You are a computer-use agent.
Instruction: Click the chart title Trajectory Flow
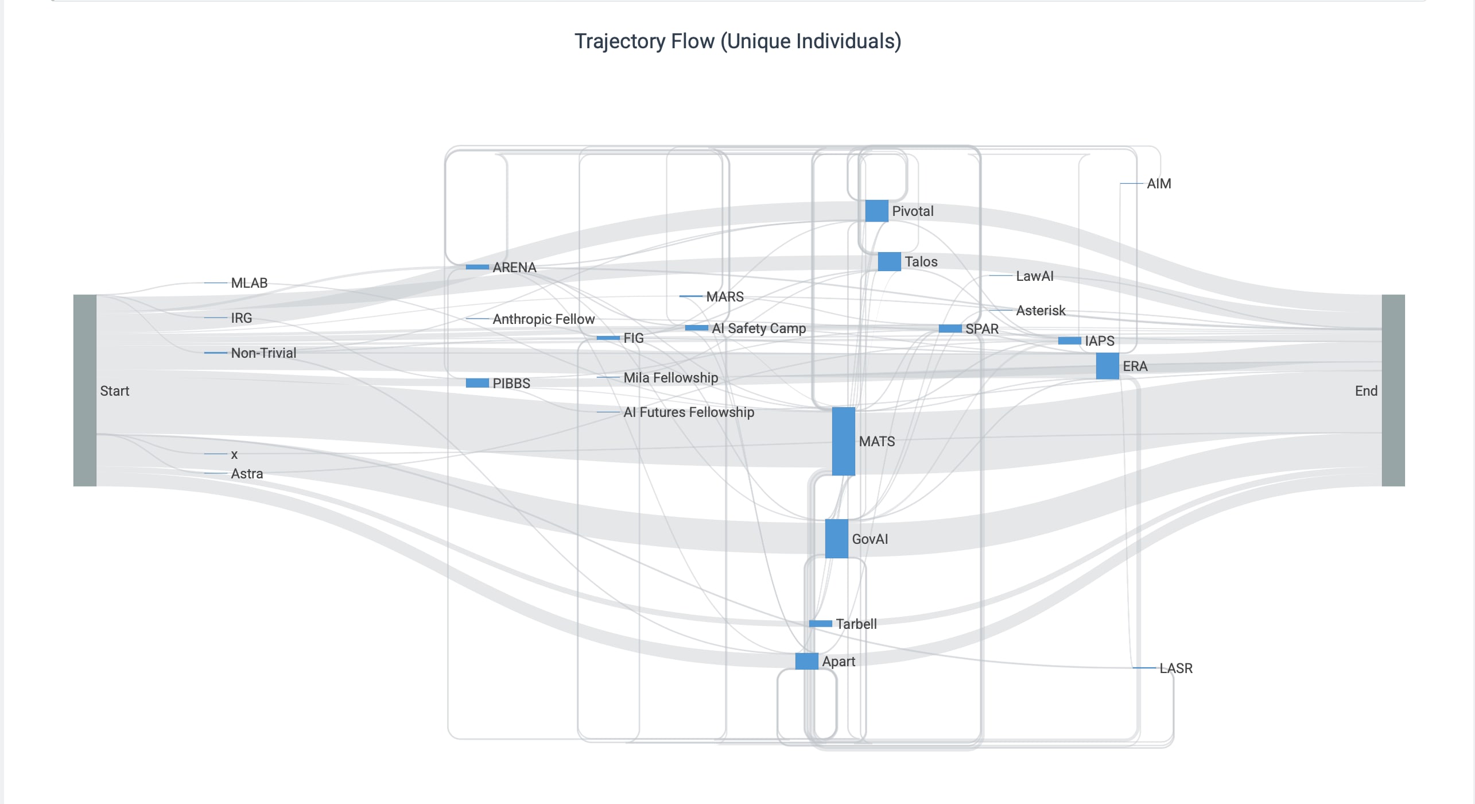[x=737, y=41]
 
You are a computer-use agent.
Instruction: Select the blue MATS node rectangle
[x=843, y=441]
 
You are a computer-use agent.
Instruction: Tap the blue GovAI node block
[x=836, y=539]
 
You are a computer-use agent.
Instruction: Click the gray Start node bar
[x=85, y=391]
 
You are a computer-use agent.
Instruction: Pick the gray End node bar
[x=1393, y=391]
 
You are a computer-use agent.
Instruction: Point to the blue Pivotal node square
[x=876, y=211]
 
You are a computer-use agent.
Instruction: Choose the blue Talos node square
[x=889, y=261]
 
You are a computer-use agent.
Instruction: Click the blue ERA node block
[x=1107, y=366]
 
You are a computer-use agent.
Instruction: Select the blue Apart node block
[x=806, y=661]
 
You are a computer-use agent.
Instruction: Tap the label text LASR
[x=1176, y=668]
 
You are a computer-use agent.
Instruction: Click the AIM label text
[x=1159, y=184]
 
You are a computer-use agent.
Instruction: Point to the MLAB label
[x=249, y=283]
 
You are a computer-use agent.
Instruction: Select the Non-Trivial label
[x=263, y=353]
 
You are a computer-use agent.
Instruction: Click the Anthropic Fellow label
[x=544, y=319]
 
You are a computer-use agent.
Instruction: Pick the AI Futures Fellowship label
[x=689, y=412]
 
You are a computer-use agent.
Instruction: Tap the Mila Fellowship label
[x=670, y=378]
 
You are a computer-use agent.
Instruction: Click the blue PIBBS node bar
[x=477, y=383]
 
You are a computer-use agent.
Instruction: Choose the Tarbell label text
[x=856, y=624]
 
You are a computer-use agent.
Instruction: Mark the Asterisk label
[x=1041, y=311]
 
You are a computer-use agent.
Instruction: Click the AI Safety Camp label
[x=759, y=328]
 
